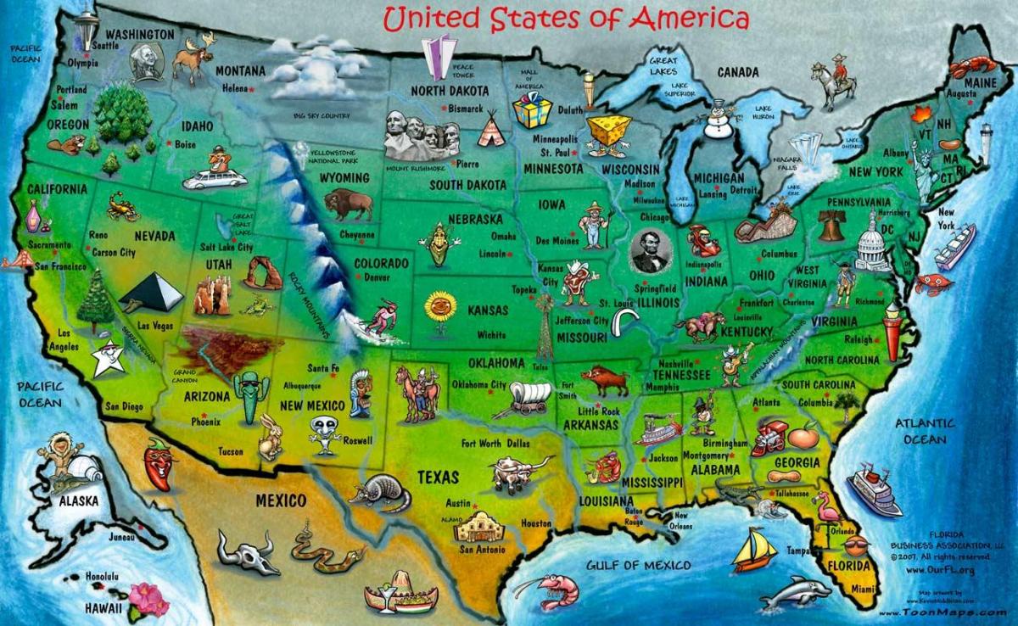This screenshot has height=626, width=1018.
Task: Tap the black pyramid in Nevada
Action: pyautogui.click(x=153, y=293)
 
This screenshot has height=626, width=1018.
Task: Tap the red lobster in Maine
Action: pyautogui.click(x=972, y=67)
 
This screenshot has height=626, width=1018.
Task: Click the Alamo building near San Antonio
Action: pyautogui.click(x=481, y=526)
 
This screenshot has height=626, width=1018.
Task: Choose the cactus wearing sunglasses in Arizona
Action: pyautogui.click(x=250, y=395)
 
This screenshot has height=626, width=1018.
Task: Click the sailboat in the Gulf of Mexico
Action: pyautogui.click(x=753, y=551)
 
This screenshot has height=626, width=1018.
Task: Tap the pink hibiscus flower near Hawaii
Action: pyautogui.click(x=148, y=598)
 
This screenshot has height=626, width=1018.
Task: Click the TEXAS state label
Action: pyautogui.click(x=438, y=478)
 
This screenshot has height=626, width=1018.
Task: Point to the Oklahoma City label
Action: pyautogui.click(x=479, y=385)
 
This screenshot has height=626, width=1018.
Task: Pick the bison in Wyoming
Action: pyautogui.click(x=349, y=204)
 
